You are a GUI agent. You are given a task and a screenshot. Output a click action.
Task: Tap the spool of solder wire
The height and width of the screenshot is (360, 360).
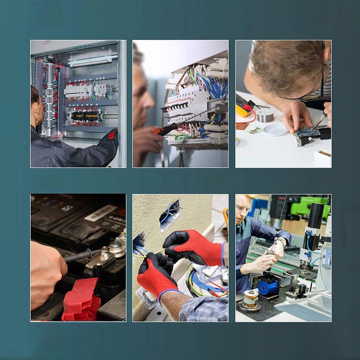coord(265,114)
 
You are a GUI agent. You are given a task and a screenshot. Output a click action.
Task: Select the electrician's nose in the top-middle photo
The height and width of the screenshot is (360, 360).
coord(150,102)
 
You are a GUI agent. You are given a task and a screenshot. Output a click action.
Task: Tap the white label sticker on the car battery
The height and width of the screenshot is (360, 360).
coord(100,213)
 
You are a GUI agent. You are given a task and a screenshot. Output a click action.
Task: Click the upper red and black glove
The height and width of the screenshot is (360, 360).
coord(192,248)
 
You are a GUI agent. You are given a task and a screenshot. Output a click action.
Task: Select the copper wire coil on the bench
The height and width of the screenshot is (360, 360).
coord(250,298)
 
